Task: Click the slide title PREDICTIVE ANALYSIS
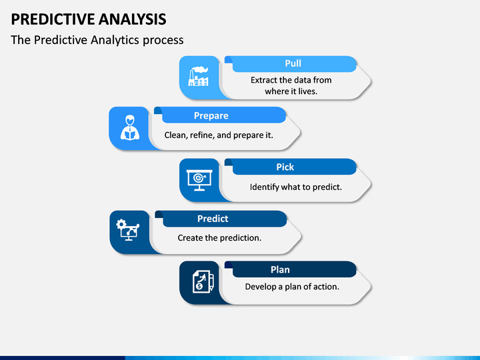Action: click(x=89, y=19)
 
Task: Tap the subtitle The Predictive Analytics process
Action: click(x=97, y=40)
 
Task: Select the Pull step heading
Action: click(x=293, y=63)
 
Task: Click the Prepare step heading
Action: click(x=211, y=116)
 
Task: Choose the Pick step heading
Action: click(x=285, y=167)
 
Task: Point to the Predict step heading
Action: click(x=213, y=219)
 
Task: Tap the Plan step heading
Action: click(x=280, y=270)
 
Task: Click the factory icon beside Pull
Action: click(x=198, y=77)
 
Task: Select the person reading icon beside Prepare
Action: click(x=130, y=127)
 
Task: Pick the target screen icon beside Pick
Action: click(x=199, y=180)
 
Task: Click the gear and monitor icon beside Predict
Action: click(x=128, y=230)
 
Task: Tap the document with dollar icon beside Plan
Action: click(x=203, y=281)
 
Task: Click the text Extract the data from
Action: click(x=291, y=80)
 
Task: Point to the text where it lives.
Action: click(x=291, y=91)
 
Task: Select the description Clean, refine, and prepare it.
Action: click(x=219, y=135)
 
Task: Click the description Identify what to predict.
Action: click(x=296, y=187)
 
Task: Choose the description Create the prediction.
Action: click(x=219, y=238)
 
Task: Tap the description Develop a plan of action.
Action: click(x=292, y=287)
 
